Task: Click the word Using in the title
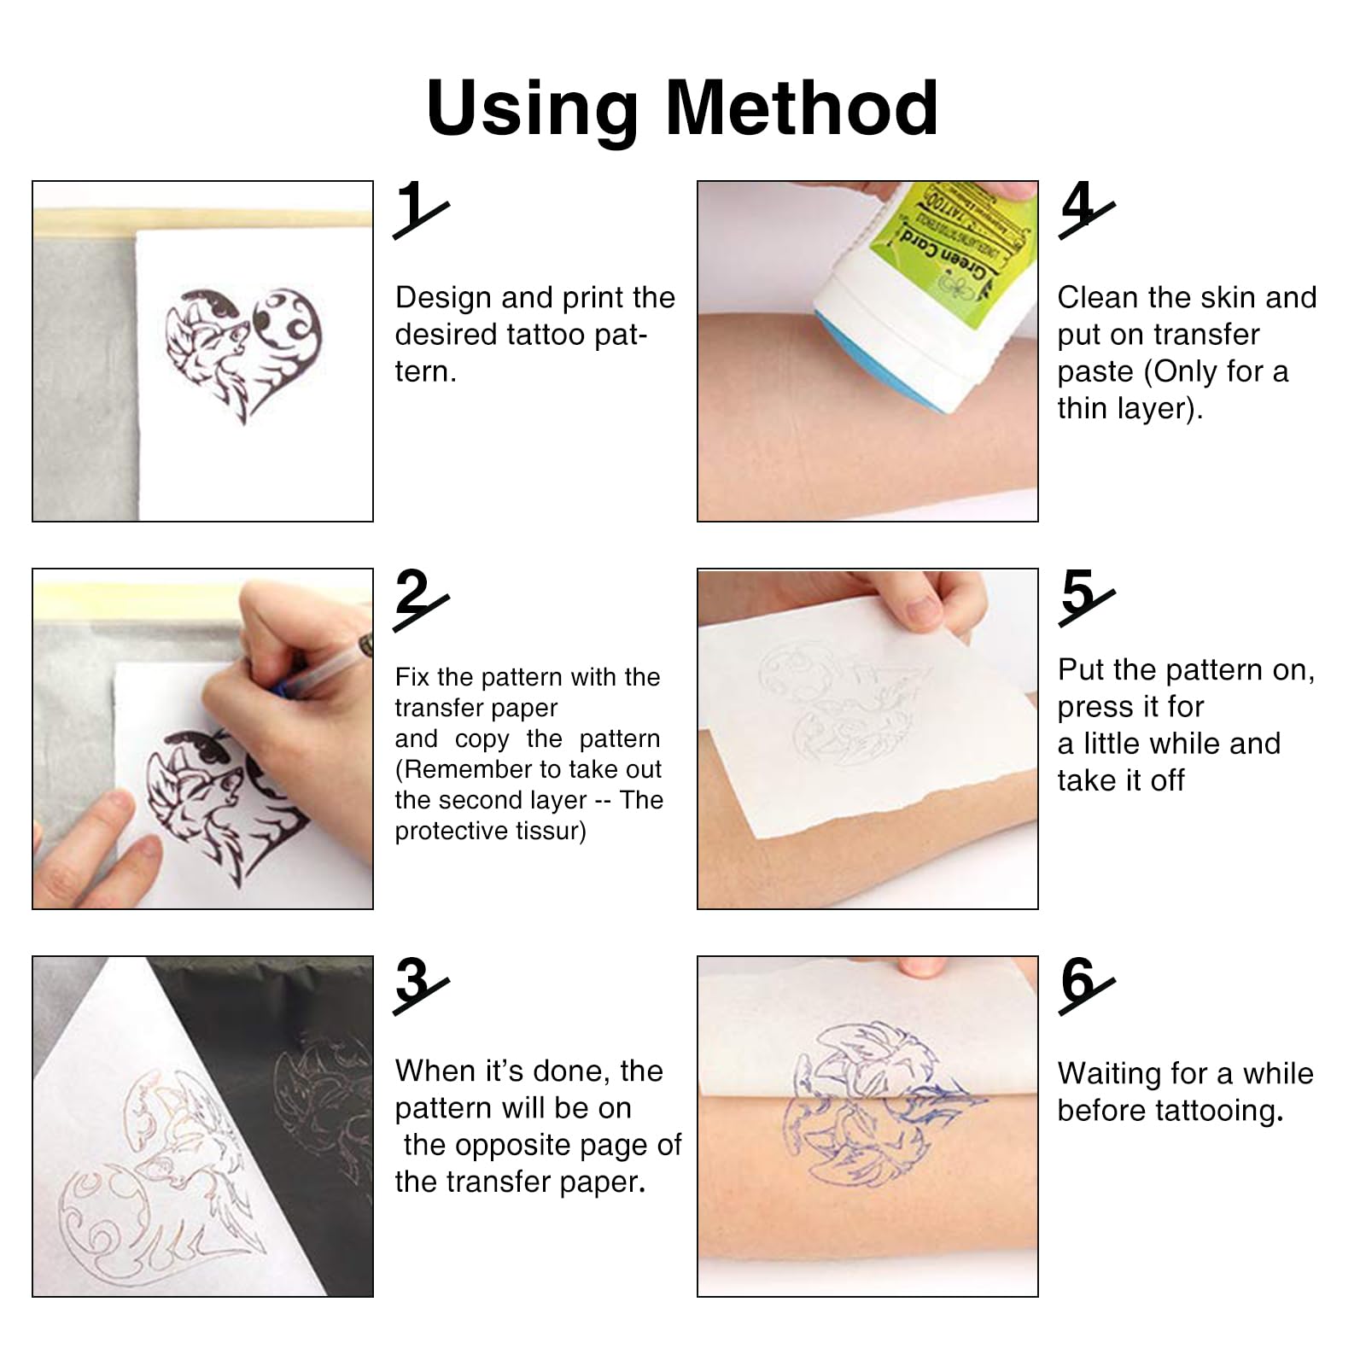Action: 532,108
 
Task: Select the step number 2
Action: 414,594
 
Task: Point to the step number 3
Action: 414,982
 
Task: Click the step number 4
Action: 1078,207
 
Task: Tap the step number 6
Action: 1078,982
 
